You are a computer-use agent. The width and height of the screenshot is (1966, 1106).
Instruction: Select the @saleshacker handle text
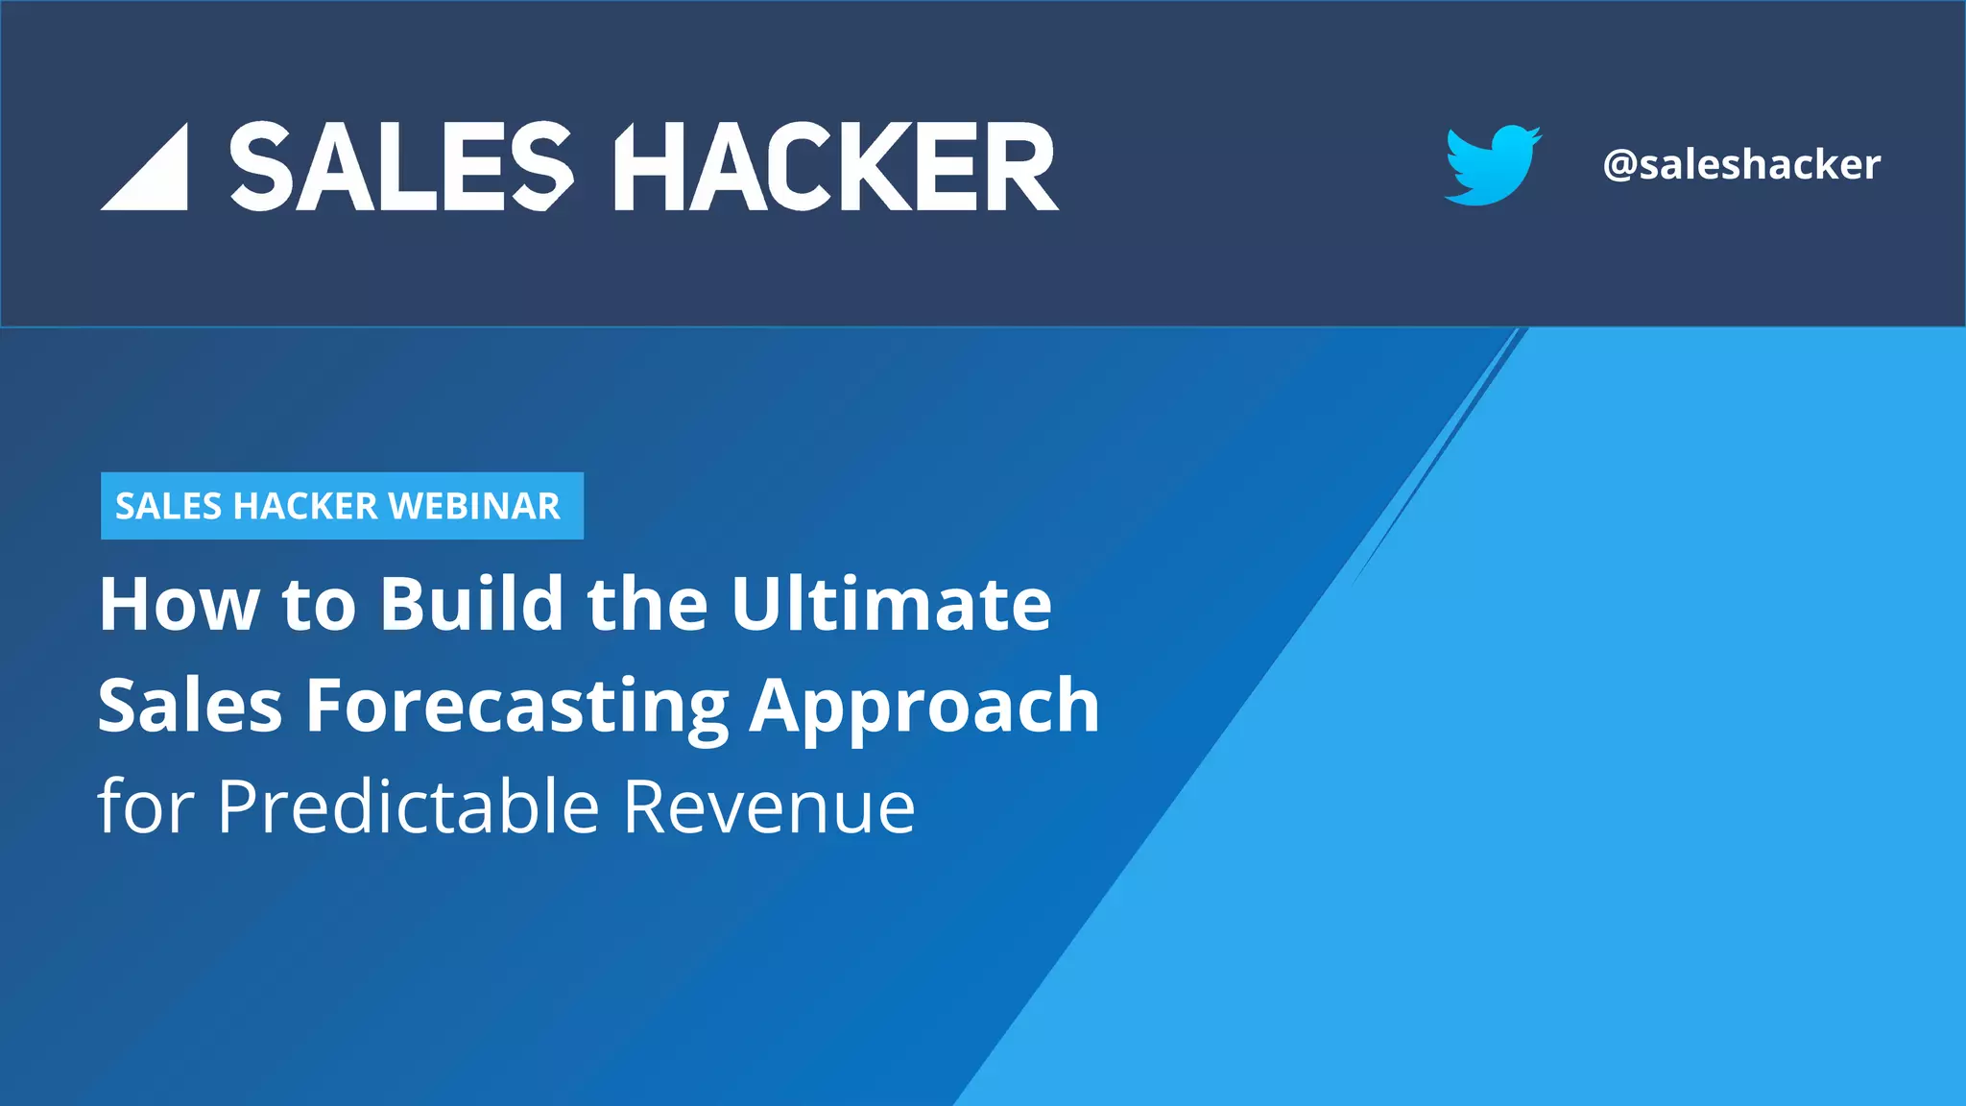coord(1741,165)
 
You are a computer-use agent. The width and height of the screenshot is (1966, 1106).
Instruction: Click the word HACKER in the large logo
coord(835,167)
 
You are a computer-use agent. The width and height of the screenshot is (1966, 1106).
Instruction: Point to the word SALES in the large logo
coord(401,167)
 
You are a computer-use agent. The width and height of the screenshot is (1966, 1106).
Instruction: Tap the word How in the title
coord(179,605)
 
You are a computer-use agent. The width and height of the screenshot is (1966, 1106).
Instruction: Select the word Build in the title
coord(471,605)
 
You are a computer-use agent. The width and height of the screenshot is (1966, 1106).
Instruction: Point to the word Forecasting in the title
coord(517,707)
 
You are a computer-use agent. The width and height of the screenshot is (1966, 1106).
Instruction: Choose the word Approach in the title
coord(924,707)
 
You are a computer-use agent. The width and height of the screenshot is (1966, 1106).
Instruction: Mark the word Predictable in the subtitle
coord(408,806)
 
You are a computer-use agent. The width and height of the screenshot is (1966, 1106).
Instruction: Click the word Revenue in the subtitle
coord(769,806)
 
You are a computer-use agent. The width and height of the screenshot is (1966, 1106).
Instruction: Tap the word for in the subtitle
coord(146,806)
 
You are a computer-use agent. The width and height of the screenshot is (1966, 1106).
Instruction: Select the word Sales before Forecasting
coord(190,707)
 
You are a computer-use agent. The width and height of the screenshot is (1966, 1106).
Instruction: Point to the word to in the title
coord(319,605)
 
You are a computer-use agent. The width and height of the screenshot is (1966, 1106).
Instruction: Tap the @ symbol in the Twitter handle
coord(1620,165)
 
